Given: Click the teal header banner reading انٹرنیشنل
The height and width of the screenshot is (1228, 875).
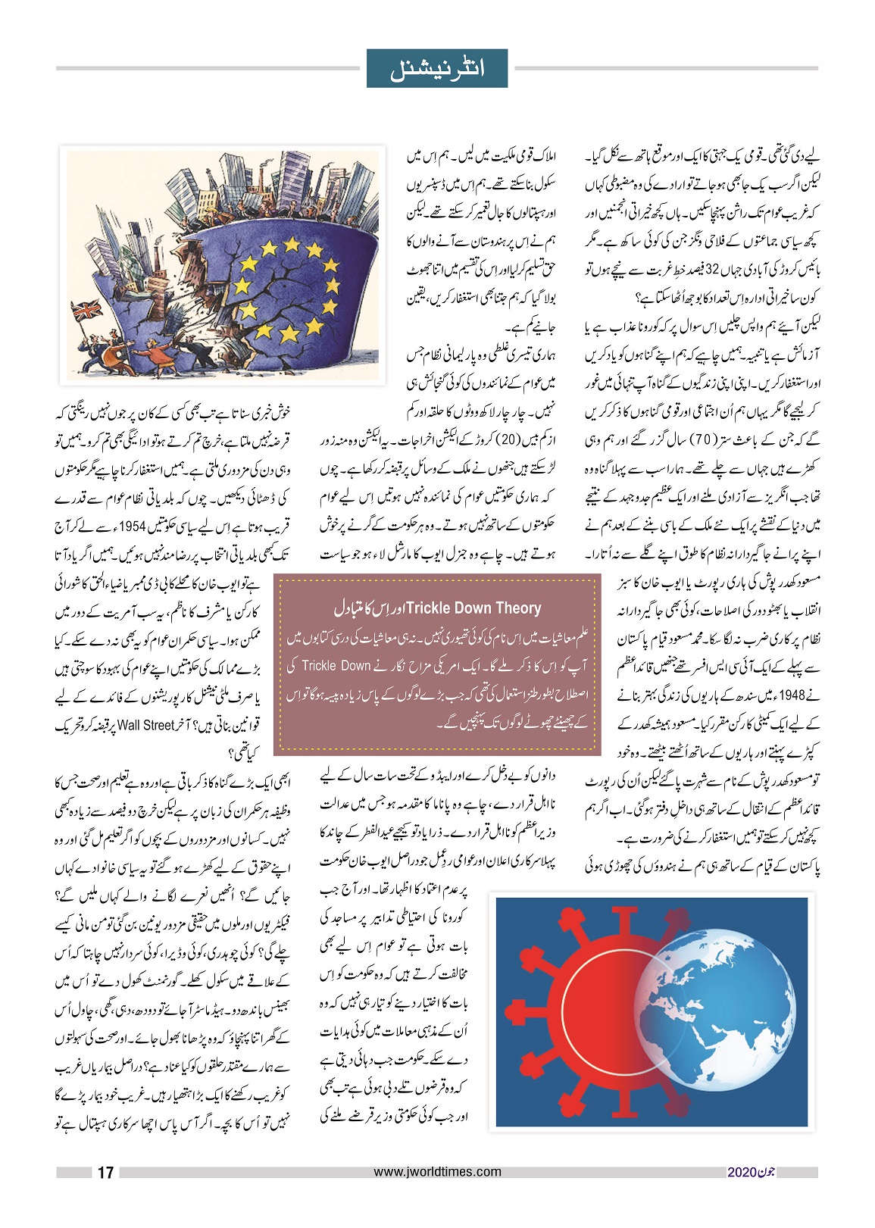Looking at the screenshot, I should pos(437,68).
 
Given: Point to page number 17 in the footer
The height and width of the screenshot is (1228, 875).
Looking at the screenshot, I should pos(105,1172).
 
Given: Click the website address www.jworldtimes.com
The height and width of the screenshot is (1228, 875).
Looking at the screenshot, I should pos(437,1171).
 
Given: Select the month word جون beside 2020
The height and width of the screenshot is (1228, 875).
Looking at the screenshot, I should pos(766,1173).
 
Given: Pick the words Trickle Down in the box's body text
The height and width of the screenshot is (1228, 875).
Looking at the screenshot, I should pos(336,666).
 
